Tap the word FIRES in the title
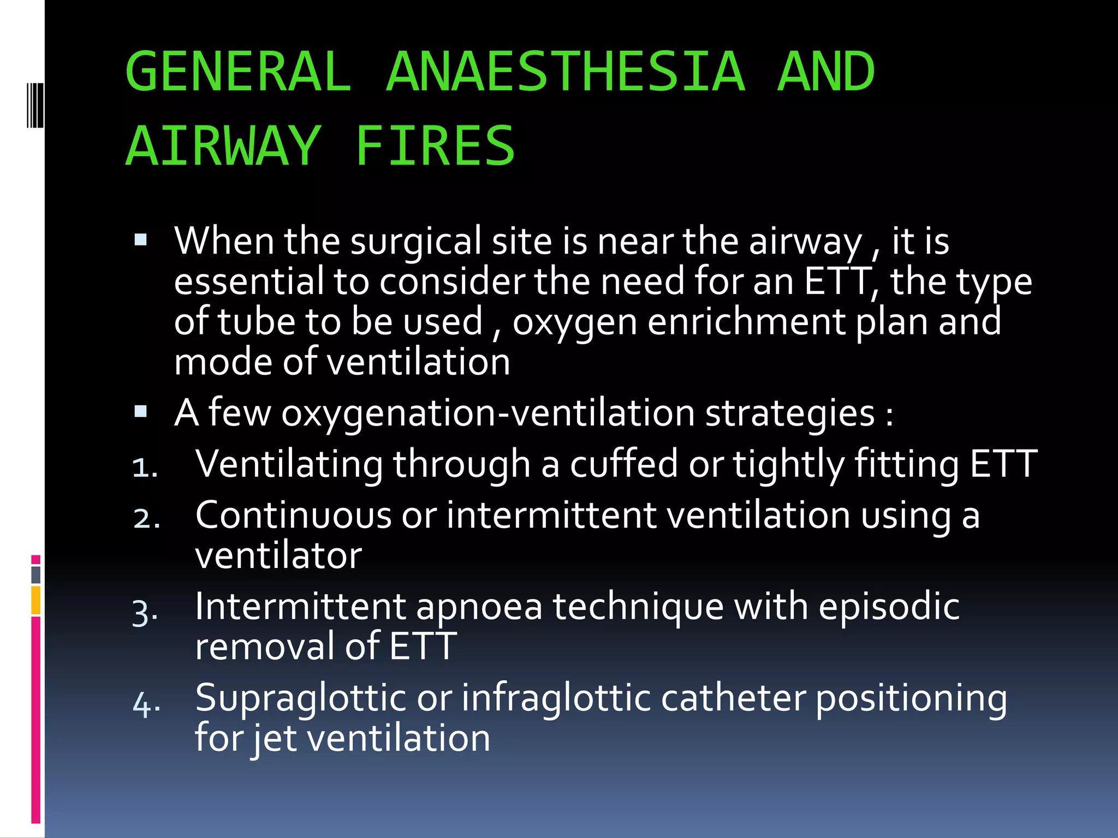click(x=435, y=146)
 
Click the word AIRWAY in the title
click(x=223, y=146)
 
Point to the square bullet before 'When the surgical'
click(x=141, y=240)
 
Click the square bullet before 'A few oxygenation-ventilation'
click(x=141, y=411)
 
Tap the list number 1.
click(x=145, y=468)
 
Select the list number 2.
click(x=146, y=518)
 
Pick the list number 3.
click(x=145, y=612)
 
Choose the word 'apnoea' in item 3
click(x=479, y=607)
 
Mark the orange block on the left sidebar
click(x=36, y=600)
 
